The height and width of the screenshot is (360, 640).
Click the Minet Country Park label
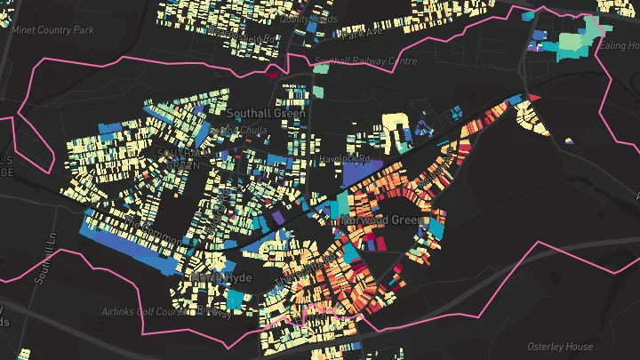[52, 29]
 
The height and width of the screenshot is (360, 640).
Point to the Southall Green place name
[266, 114]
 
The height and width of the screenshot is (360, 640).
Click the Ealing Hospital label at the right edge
[620, 46]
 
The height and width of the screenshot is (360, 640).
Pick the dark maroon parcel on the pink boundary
[272, 75]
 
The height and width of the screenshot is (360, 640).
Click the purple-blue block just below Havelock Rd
[361, 172]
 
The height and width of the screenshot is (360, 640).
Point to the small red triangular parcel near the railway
[534, 96]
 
